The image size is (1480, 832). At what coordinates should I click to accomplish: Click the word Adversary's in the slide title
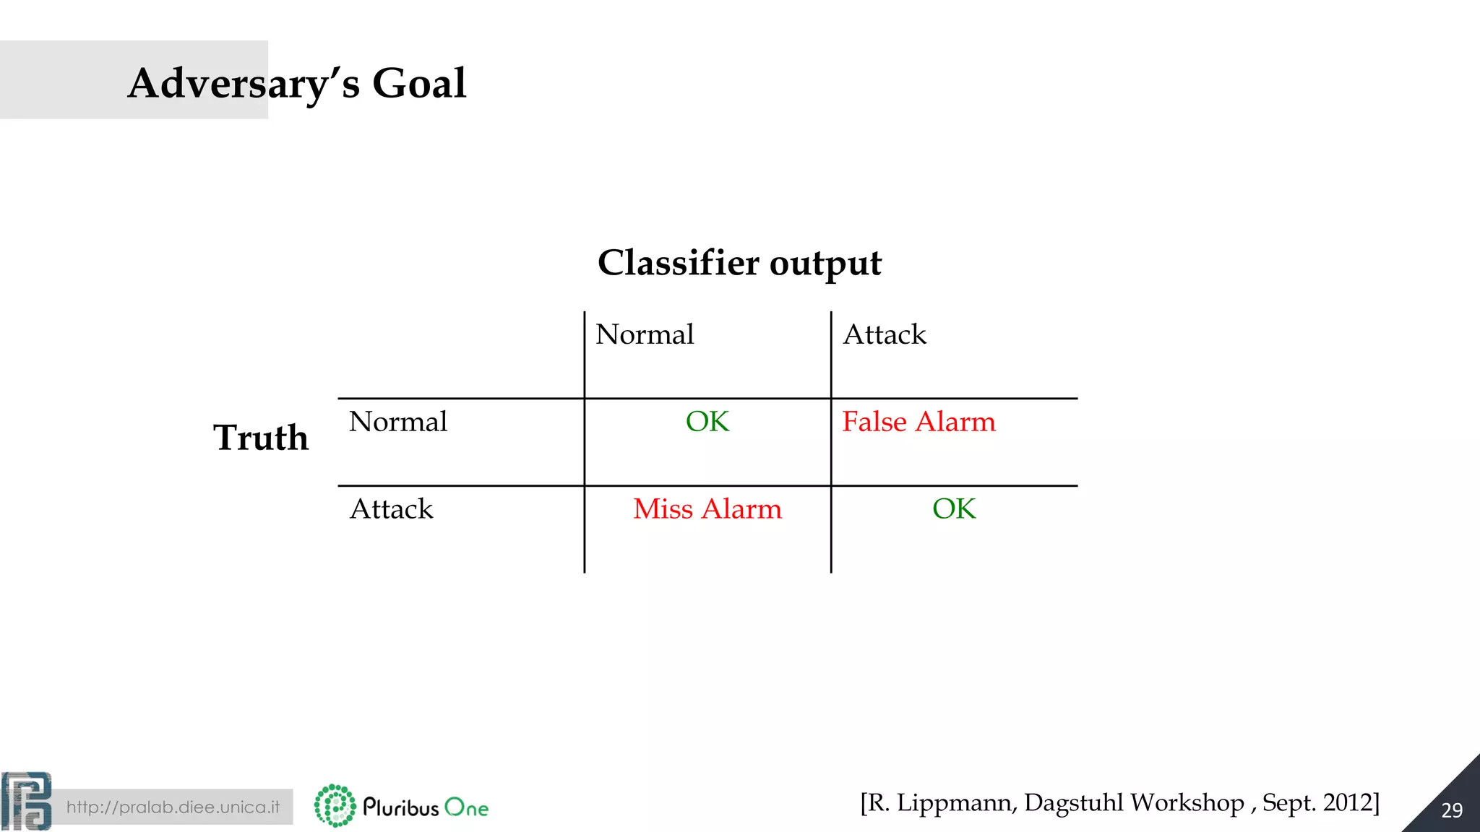point(244,84)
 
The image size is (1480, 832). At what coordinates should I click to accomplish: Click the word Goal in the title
point(419,84)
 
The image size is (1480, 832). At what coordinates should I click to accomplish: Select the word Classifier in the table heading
point(678,262)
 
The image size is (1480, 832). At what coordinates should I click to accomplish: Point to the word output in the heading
point(825,264)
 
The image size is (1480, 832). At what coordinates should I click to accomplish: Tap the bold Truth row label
point(261,438)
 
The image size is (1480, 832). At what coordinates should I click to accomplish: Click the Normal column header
point(645,334)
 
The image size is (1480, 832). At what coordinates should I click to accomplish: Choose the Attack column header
point(885,334)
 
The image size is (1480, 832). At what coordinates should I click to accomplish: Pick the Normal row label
point(398,422)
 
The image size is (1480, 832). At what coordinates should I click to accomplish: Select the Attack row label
point(391,509)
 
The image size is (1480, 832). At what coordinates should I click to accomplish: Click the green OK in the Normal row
point(707,422)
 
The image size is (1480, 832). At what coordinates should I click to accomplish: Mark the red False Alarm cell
point(918,422)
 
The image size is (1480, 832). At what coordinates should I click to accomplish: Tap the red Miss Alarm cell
point(707,509)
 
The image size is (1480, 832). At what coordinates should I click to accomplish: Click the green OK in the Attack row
point(954,509)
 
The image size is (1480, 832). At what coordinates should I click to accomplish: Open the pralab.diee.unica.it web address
point(173,807)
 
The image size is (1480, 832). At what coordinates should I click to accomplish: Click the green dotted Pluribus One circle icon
point(335,806)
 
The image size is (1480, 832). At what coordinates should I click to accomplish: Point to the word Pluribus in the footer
point(401,807)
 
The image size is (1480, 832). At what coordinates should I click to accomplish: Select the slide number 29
point(1452,810)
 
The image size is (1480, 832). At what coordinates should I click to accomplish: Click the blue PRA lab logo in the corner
point(27,801)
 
